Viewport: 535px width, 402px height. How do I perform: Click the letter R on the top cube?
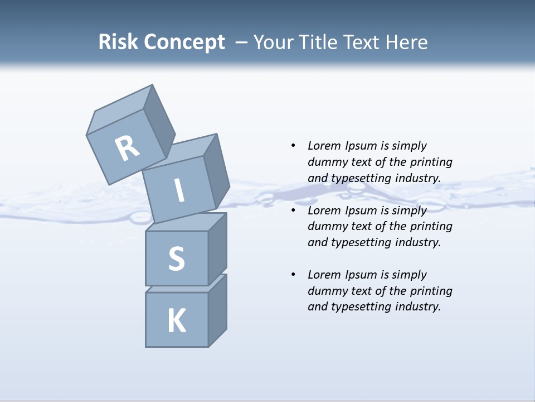[127, 149]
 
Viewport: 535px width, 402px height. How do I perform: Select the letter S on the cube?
[176, 259]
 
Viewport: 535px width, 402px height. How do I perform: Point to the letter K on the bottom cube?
[176, 321]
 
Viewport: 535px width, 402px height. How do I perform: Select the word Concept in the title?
[184, 42]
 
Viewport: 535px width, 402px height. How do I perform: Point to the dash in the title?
[242, 42]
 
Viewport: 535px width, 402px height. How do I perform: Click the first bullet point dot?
[293, 146]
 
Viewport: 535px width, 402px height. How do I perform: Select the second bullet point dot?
[293, 210]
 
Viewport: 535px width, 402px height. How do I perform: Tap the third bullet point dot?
[293, 275]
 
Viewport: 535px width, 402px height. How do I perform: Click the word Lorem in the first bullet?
[324, 146]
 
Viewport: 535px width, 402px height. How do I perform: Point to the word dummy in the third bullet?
[326, 291]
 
